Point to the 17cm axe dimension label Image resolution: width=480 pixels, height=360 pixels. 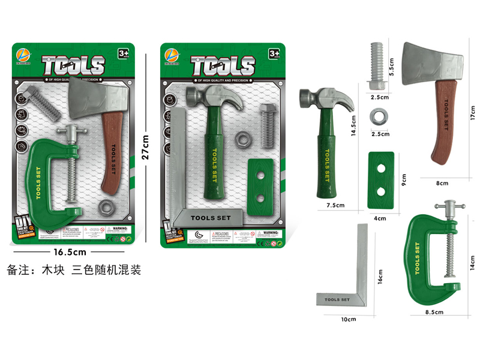[472, 112]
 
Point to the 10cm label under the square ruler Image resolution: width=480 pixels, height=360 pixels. [348, 319]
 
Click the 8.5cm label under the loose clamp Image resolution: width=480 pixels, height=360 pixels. [434, 312]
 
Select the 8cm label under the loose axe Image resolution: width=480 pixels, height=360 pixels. [443, 181]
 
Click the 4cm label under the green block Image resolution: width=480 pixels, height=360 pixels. [380, 218]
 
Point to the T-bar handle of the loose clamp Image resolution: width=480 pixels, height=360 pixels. [451, 208]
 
